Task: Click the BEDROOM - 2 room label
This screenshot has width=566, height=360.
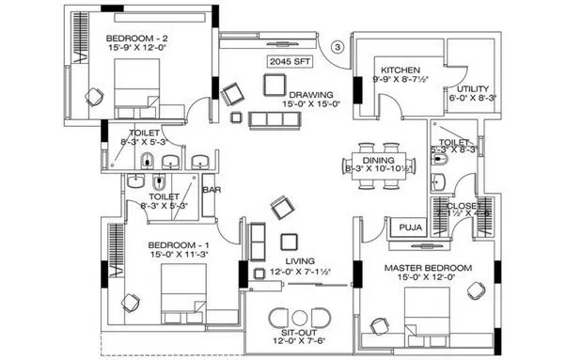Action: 138,36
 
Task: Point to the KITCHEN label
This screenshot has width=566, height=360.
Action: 400,70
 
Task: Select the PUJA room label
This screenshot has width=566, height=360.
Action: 408,227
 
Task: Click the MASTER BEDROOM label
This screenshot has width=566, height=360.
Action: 428,269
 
